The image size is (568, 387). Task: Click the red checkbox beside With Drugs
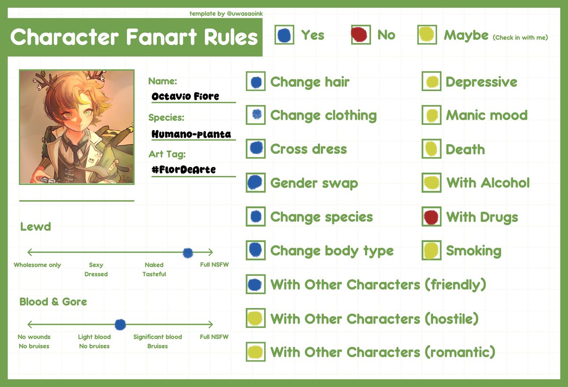click(431, 217)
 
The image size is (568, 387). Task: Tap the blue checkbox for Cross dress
click(256, 149)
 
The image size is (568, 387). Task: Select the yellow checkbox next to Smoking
click(431, 251)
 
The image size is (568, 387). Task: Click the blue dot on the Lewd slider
click(188, 253)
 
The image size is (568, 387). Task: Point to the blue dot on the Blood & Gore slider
click(120, 325)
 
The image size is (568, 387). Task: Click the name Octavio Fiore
click(185, 97)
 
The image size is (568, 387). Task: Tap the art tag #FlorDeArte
click(184, 169)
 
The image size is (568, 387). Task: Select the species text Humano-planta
click(191, 134)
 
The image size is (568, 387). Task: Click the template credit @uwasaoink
click(245, 14)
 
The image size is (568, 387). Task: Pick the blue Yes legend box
click(284, 35)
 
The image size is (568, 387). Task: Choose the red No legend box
click(361, 35)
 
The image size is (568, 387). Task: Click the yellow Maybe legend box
click(426, 35)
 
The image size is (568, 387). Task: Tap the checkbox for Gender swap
click(256, 183)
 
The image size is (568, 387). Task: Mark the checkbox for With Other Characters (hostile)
click(256, 318)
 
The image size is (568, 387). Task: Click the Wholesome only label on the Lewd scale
click(37, 265)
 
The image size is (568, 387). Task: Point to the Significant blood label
click(158, 337)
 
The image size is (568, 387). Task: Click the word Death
click(465, 150)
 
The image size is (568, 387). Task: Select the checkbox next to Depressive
click(431, 82)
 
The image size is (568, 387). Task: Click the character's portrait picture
click(77, 127)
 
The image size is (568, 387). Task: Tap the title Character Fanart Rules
click(134, 37)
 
